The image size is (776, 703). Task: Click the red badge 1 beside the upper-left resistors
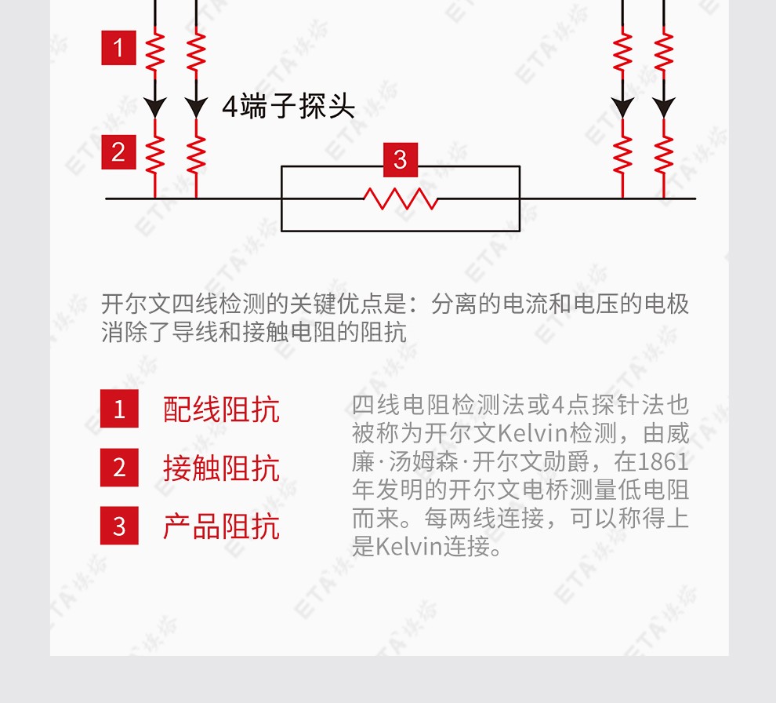point(119,48)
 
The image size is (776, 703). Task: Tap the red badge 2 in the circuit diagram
point(119,152)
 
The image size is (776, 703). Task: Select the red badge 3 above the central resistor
point(401,159)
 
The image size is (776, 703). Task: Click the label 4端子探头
point(288,106)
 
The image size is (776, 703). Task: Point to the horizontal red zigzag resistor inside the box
point(401,199)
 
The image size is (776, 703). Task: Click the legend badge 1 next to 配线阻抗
point(119,409)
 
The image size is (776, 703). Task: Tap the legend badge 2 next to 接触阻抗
point(119,468)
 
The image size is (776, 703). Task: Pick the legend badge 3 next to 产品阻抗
point(119,526)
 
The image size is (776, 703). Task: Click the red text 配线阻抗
point(221,410)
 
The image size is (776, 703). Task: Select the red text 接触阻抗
point(221,468)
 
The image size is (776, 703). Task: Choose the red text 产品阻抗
point(221,526)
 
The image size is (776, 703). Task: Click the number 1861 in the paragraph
point(664,461)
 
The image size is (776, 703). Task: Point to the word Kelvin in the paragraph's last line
point(408,547)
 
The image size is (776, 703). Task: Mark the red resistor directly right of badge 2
point(155,155)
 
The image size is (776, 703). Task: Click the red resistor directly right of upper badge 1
point(155,50)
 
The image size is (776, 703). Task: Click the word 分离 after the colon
point(455,304)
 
